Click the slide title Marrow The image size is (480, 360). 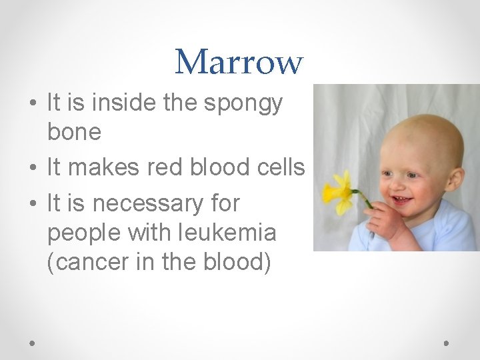tap(239, 62)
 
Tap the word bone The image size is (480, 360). tap(74, 132)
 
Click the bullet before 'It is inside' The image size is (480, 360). tap(33, 104)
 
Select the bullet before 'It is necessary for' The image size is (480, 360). tap(33, 203)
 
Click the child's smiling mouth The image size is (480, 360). tap(402, 200)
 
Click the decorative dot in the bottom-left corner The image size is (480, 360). tap(33, 342)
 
